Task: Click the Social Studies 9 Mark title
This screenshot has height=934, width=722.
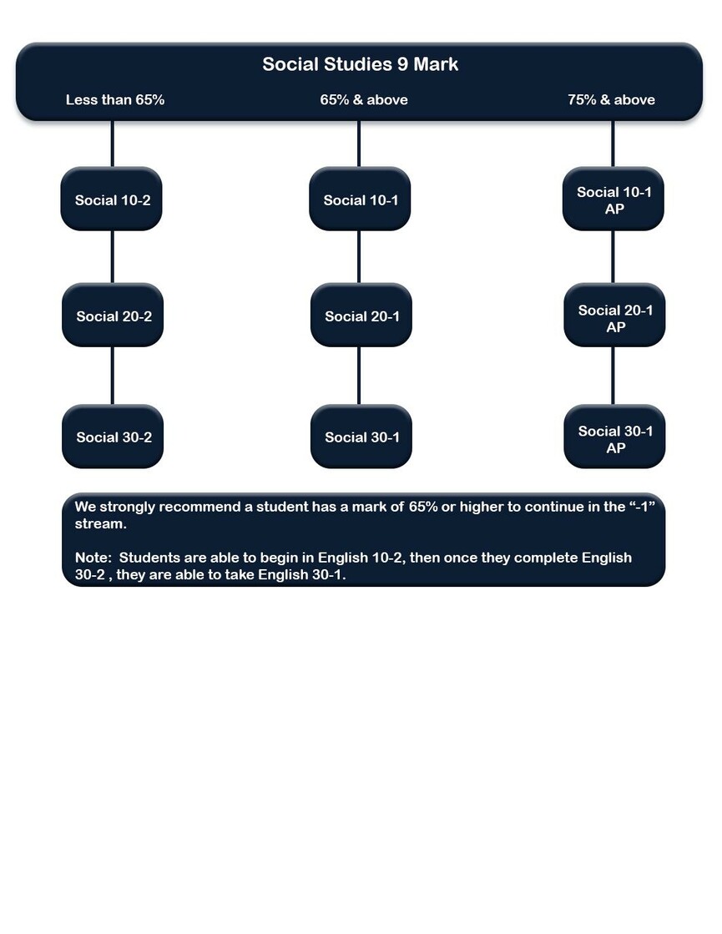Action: [x=361, y=64]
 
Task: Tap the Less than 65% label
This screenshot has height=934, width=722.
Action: [x=115, y=99]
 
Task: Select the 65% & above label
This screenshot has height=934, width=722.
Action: [x=364, y=99]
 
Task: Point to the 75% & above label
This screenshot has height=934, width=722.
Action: [x=611, y=99]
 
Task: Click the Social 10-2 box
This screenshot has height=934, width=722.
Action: [x=111, y=199]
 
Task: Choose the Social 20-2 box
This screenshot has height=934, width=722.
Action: [x=113, y=316]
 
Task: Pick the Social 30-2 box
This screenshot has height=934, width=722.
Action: [x=113, y=437]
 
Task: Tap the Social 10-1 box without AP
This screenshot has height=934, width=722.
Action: [x=360, y=199]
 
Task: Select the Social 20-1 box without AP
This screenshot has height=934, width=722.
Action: [x=361, y=316]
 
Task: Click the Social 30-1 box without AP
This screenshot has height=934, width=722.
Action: [x=361, y=437]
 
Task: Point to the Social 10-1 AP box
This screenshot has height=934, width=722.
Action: [x=613, y=199]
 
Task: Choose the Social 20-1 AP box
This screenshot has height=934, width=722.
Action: [x=615, y=316]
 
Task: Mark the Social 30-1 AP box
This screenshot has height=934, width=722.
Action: [x=615, y=437]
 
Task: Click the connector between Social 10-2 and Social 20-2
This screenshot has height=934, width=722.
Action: [x=112, y=257]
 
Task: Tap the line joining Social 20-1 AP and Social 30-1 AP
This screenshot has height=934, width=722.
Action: [x=613, y=376]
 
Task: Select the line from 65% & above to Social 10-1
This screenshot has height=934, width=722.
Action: [x=359, y=144]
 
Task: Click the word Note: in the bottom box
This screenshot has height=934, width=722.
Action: [x=93, y=558]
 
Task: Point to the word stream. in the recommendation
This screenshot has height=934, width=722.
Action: [x=101, y=524]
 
